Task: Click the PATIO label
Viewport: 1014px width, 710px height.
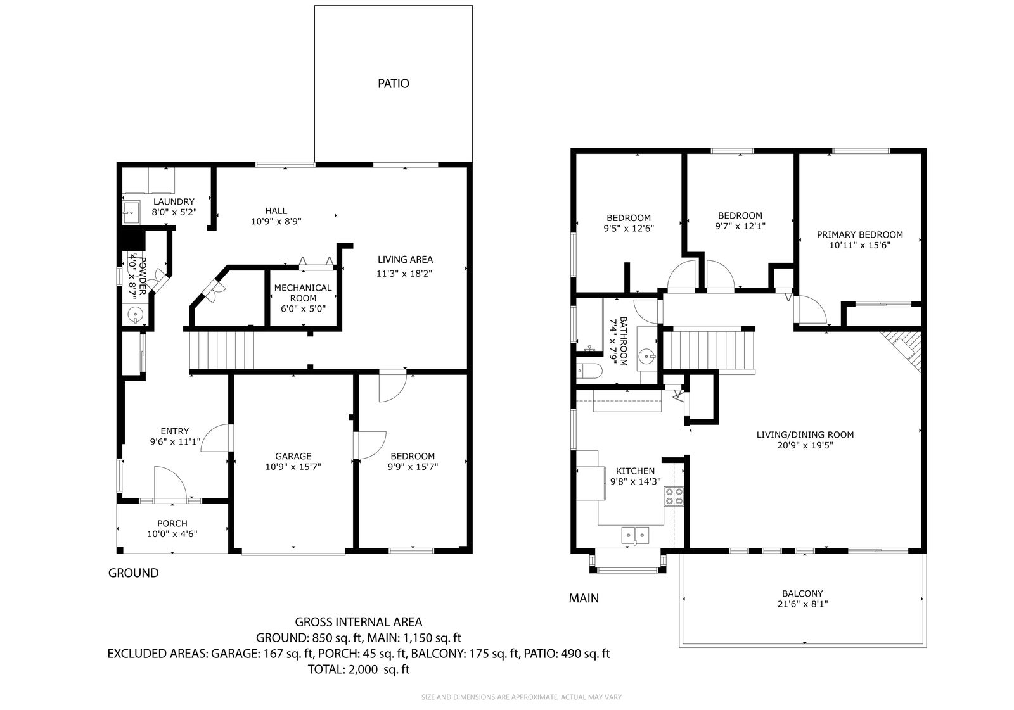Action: pyautogui.click(x=394, y=83)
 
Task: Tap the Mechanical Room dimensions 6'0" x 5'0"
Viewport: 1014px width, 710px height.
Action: pyautogui.click(x=304, y=308)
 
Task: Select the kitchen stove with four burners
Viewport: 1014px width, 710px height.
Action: pyautogui.click(x=674, y=496)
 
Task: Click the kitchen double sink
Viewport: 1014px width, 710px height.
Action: pyautogui.click(x=635, y=535)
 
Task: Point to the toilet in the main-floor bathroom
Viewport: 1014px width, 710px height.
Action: pyautogui.click(x=589, y=372)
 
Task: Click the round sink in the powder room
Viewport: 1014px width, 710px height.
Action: pyautogui.click(x=135, y=314)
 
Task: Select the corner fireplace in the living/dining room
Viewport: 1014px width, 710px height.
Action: pyautogui.click(x=901, y=351)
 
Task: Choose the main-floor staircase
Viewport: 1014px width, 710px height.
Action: pyautogui.click(x=709, y=350)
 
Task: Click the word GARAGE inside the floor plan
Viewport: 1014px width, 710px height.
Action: pyautogui.click(x=293, y=456)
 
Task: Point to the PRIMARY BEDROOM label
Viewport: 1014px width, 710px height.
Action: pyautogui.click(x=859, y=234)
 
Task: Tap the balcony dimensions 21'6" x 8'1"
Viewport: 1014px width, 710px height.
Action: pyautogui.click(x=802, y=604)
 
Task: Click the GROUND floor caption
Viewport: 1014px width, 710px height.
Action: pyautogui.click(x=133, y=573)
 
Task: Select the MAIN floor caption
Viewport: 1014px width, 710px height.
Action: pyautogui.click(x=584, y=599)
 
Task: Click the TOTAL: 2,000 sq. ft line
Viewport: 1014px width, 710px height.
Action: pyautogui.click(x=359, y=669)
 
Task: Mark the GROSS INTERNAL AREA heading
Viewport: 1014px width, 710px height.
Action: pyautogui.click(x=359, y=622)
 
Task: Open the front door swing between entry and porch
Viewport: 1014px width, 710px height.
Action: pyautogui.click(x=170, y=484)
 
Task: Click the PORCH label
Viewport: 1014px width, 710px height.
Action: pyautogui.click(x=172, y=523)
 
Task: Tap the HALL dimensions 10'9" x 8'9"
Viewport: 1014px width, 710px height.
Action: pyautogui.click(x=276, y=221)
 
